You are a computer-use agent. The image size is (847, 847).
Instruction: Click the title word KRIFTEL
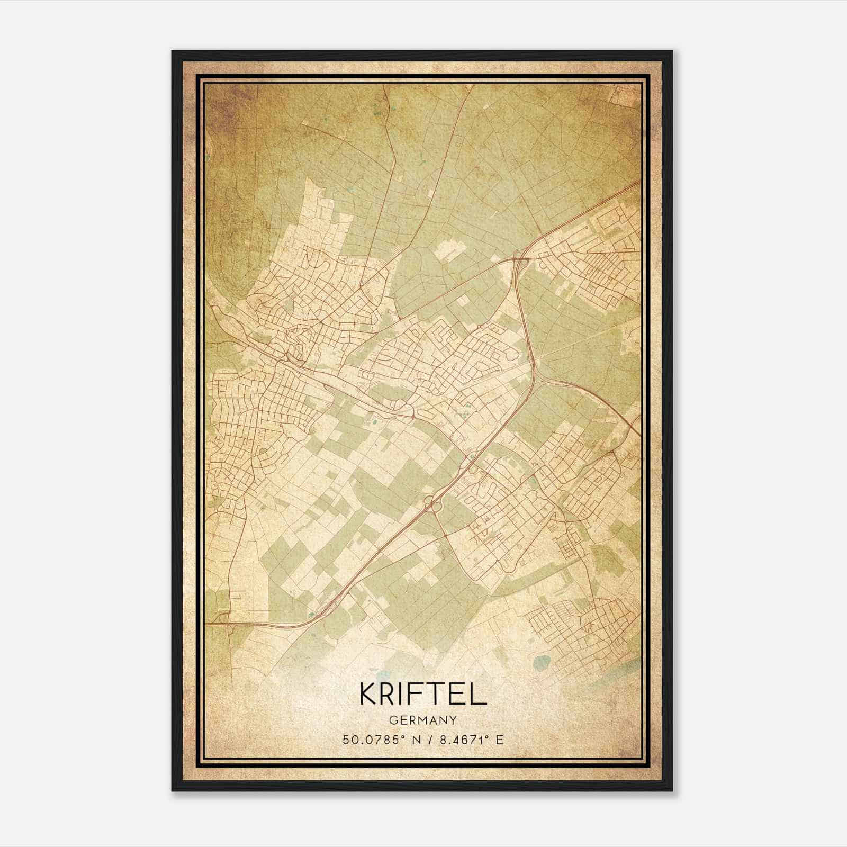coord(423,693)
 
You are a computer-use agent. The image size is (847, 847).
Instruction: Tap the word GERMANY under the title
coord(423,720)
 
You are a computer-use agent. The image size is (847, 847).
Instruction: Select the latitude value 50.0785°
coord(372,740)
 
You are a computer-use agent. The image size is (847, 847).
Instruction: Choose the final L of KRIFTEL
coord(478,693)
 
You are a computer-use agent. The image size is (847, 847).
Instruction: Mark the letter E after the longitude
coord(500,740)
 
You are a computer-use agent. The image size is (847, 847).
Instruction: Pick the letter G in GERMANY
coord(393,720)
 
